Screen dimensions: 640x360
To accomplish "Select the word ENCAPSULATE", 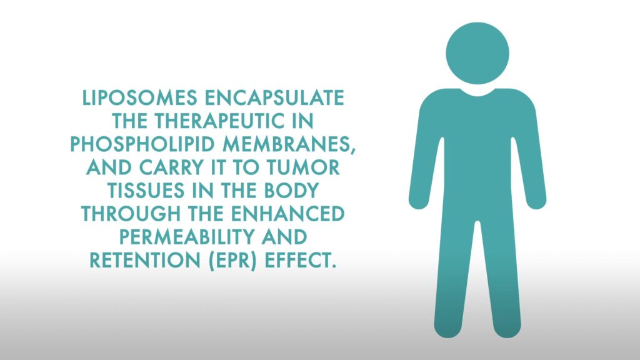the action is click(x=274, y=98).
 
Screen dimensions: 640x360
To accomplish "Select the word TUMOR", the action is click(x=303, y=167).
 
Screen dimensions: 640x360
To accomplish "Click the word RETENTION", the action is click(x=145, y=261).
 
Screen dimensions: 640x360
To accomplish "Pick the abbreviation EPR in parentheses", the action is click(x=233, y=261).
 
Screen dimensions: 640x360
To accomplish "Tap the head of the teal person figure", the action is click(x=477, y=54).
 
